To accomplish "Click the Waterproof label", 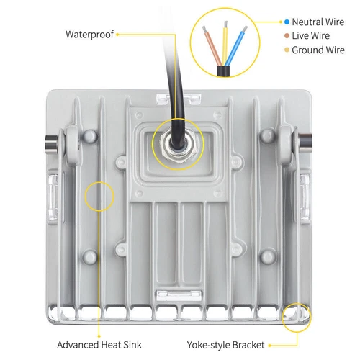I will [x=89, y=34].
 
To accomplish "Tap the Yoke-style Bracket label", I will [x=225, y=344].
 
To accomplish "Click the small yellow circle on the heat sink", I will [x=99, y=196].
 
